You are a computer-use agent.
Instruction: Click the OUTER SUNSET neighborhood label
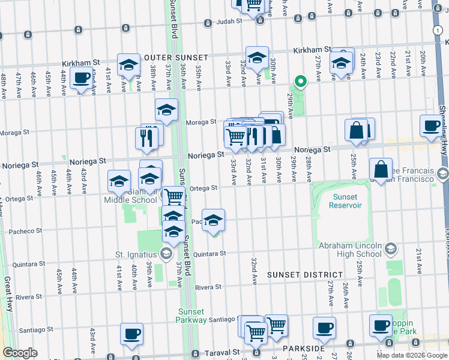click(176, 58)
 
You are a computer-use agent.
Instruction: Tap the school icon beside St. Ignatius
click(164, 254)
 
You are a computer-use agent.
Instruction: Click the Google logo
click(20, 352)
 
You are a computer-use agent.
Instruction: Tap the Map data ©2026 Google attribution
click(411, 355)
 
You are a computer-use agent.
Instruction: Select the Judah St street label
click(229, 22)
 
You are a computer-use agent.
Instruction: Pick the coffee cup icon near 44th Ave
click(81, 78)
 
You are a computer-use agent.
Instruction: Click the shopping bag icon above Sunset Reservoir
click(381, 169)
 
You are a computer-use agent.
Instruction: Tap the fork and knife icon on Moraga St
click(146, 138)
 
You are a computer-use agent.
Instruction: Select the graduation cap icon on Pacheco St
click(213, 220)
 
